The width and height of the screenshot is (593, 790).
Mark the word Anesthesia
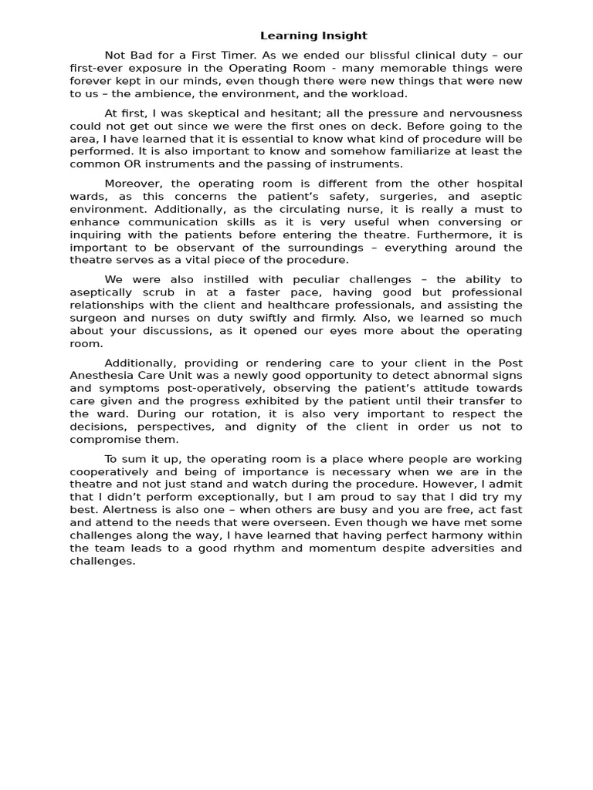point(101,376)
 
